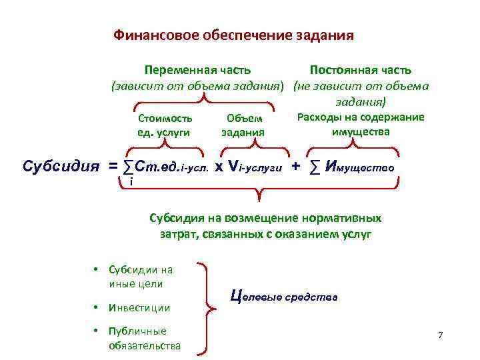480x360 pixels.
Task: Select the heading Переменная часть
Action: coord(198,69)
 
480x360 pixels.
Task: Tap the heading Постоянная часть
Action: coord(361,69)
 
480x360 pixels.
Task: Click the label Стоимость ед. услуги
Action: coord(165,125)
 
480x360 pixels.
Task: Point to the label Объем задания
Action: coord(243,125)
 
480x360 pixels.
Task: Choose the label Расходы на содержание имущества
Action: coord(360,124)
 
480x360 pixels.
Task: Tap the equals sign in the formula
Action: coord(114,165)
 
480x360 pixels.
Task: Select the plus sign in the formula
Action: coord(295,165)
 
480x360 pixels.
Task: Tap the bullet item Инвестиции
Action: coord(140,307)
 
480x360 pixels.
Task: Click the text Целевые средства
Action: coord(284,295)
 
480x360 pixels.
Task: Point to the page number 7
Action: coord(440,334)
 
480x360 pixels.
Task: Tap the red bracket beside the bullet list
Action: coord(213,307)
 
